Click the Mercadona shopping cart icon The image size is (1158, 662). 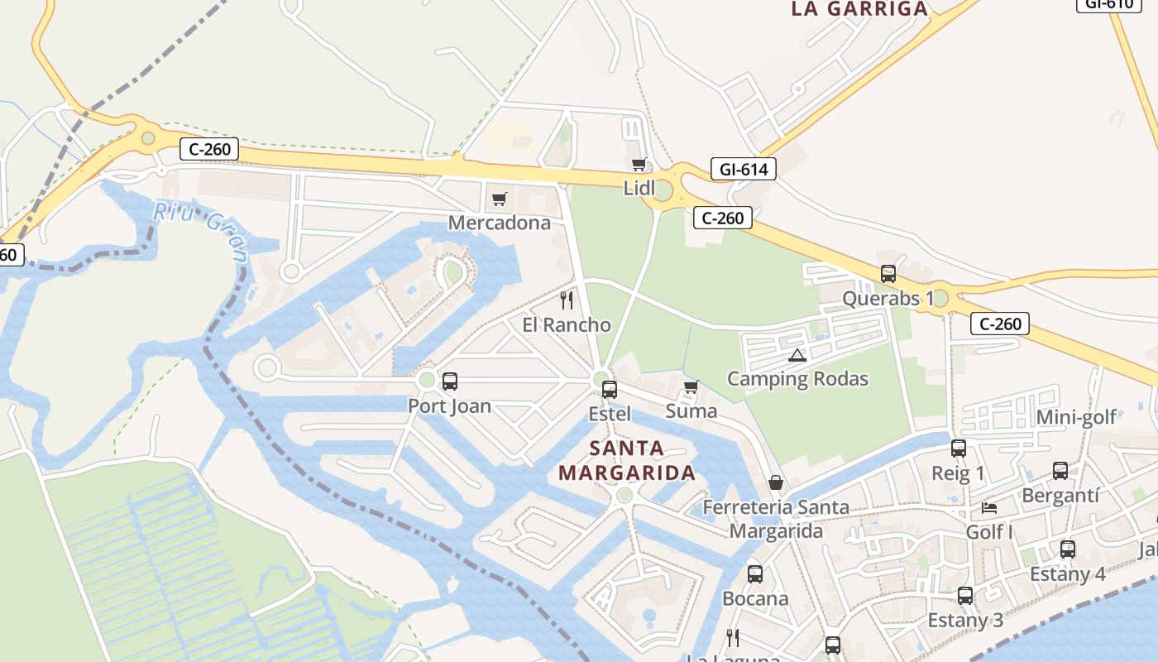pyautogui.click(x=499, y=199)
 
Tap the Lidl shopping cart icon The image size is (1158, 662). pyautogui.click(x=639, y=164)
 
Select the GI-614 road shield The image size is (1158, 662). pyautogui.click(x=744, y=170)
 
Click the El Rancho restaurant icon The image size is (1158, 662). pyautogui.click(x=567, y=300)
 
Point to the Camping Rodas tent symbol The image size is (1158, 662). pyautogui.click(x=797, y=355)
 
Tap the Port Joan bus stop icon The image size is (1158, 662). pyautogui.click(x=450, y=381)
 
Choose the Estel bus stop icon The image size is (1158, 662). pyautogui.click(x=610, y=389)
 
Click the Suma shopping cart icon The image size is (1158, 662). pyautogui.click(x=691, y=386)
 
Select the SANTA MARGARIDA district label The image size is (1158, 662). pyautogui.click(x=627, y=461)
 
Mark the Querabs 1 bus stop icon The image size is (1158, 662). pyautogui.click(x=888, y=274)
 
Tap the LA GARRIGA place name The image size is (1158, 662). pyautogui.click(x=859, y=9)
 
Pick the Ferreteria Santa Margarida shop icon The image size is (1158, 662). pyautogui.click(x=776, y=482)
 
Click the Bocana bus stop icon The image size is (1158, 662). pyautogui.click(x=755, y=573)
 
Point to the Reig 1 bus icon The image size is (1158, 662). pyautogui.click(x=959, y=449)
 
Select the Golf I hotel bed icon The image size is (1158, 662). pyautogui.click(x=989, y=507)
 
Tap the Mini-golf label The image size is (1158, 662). pyautogui.click(x=1076, y=417)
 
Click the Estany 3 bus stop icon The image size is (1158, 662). pyautogui.click(x=965, y=595)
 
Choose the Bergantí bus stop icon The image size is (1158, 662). pyautogui.click(x=1060, y=471)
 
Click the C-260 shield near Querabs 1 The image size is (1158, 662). pyautogui.click(x=999, y=324)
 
